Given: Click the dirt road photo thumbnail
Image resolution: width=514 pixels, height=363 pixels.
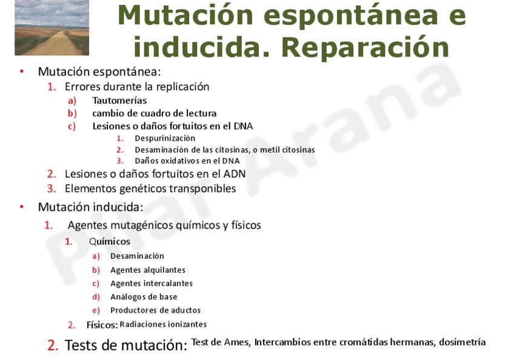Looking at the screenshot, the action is tap(52, 27).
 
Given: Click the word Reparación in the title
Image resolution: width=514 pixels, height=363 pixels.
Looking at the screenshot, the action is tap(365, 48).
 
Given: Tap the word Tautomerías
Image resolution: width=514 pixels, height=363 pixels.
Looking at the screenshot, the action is tap(119, 101).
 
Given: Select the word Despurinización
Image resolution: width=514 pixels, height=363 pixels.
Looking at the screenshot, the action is tap(165, 138).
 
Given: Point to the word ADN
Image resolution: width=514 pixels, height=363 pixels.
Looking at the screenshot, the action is tap(235, 174).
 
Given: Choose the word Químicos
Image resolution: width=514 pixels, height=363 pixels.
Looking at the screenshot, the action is tap(110, 242).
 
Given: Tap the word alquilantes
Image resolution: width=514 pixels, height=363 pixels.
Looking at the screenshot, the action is tap(167, 270).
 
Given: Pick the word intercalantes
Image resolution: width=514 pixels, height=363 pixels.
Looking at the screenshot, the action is tap(169, 284).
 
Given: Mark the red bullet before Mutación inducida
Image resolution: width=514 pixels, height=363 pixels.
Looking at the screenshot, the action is tap(22, 207).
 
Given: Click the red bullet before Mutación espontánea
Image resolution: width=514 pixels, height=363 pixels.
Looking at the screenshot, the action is tap(22, 71).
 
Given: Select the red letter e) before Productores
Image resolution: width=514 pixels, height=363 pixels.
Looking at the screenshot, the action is tap(96, 310).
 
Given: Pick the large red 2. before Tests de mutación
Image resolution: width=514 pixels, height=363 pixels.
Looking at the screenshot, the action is tap(53, 345).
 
